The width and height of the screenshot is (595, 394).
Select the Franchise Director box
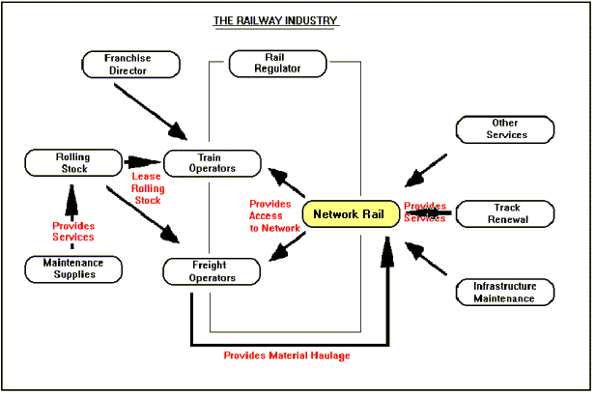(127, 65)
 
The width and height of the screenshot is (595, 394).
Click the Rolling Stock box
(73, 163)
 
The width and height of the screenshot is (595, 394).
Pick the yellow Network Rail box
(351, 214)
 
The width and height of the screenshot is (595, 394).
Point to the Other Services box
(505, 129)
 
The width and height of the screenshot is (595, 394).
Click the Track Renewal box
(505, 214)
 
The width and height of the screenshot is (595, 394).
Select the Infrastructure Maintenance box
(505, 292)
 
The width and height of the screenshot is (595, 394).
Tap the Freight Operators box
(212, 271)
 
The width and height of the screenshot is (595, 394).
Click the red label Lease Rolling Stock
(146, 188)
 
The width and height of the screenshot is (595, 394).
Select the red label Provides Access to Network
(274, 215)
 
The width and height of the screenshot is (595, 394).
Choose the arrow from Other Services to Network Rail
(426, 169)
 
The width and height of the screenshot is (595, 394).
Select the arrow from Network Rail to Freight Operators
(286, 247)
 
